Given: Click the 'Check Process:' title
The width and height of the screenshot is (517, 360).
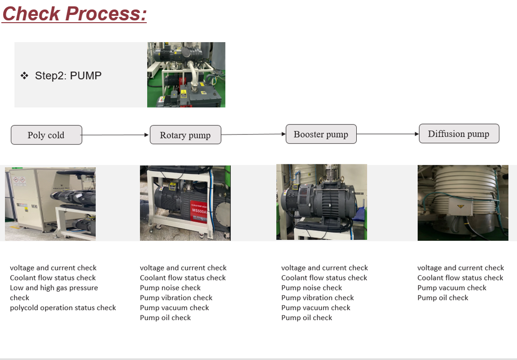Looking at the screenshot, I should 74,13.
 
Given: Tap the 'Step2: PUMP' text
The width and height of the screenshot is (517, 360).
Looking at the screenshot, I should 68,76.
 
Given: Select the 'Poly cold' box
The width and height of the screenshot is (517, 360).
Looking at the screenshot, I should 46,135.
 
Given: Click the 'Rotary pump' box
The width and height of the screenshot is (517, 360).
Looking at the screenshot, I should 185,135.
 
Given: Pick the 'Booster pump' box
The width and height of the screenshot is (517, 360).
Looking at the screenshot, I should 321,134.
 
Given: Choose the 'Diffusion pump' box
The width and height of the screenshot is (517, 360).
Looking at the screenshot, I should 459,134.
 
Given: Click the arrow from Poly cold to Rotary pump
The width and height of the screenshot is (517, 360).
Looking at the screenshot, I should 116,135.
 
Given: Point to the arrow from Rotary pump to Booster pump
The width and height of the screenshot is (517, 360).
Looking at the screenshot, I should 254,134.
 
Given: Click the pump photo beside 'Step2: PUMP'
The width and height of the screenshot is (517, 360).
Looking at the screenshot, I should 186,75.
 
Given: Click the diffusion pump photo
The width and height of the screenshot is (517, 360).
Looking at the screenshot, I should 463,202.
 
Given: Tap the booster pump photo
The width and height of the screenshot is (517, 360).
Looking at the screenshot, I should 321,202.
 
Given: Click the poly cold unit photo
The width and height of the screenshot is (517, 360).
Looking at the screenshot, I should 50,204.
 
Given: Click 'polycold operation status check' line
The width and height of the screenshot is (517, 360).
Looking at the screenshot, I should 63,308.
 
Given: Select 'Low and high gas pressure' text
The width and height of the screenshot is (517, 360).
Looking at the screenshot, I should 54,288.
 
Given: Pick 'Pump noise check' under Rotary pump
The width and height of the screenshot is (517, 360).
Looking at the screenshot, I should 170,288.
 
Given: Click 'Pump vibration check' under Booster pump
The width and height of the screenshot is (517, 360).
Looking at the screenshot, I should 317,298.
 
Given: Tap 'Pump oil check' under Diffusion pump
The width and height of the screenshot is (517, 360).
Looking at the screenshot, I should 443,298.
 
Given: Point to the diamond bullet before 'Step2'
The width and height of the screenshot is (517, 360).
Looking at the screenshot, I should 24,76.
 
